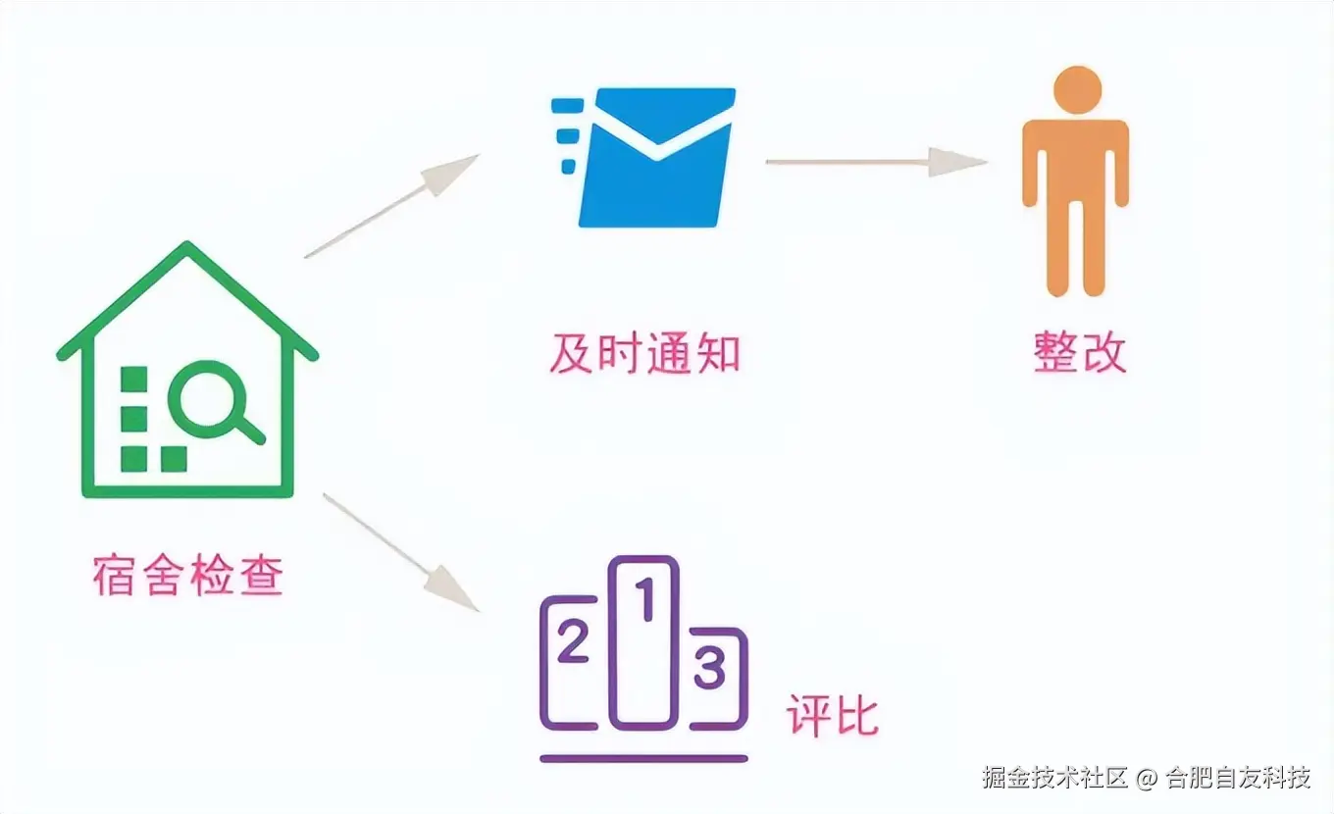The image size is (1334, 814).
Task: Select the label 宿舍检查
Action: (188, 577)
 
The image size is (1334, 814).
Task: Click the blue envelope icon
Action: (655, 157)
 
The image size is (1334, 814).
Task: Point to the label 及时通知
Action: (644, 353)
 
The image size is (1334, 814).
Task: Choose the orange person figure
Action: (1076, 181)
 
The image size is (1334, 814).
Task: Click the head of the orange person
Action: (1076, 89)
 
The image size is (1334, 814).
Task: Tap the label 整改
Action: (1080, 353)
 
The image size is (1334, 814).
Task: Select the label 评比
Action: (832, 717)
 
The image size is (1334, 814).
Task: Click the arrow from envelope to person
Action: (875, 162)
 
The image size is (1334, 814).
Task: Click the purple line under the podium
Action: (643, 758)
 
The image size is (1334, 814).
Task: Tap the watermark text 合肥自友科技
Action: (1238, 779)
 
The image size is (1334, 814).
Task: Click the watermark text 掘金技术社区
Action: (1055, 779)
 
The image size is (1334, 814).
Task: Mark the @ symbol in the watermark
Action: (1148, 780)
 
